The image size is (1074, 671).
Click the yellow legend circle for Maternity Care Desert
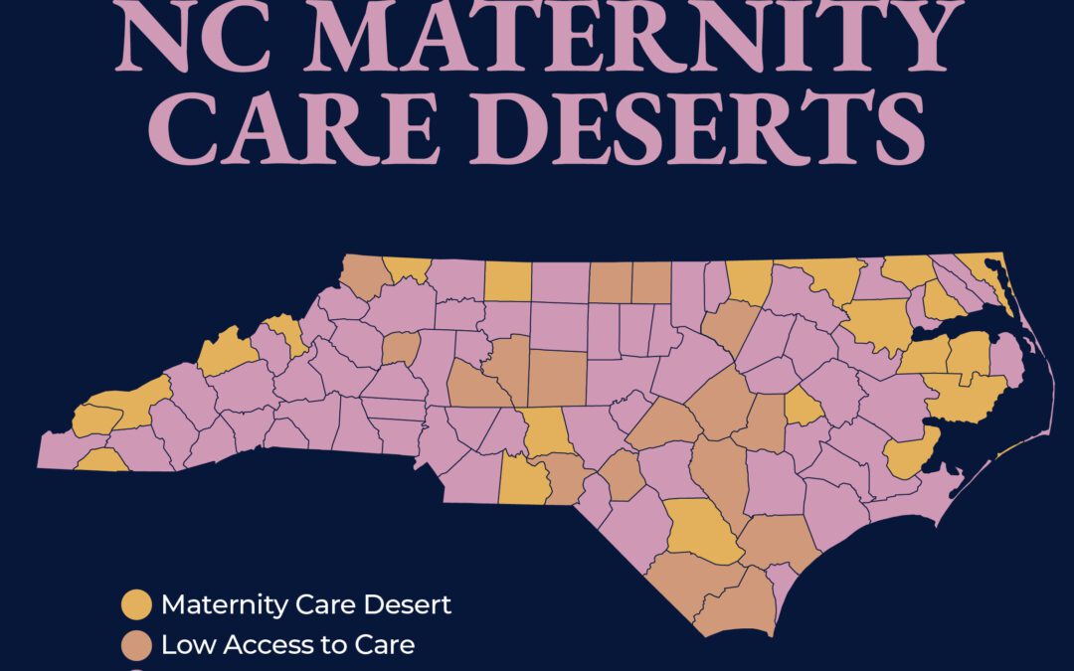point(136,604)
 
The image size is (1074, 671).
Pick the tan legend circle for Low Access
point(136,644)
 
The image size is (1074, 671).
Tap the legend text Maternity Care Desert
point(306,604)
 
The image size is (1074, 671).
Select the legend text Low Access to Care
point(287,644)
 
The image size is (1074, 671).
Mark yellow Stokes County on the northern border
point(507,281)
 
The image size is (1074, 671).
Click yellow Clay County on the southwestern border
point(101,460)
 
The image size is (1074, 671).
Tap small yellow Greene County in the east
point(805,407)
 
